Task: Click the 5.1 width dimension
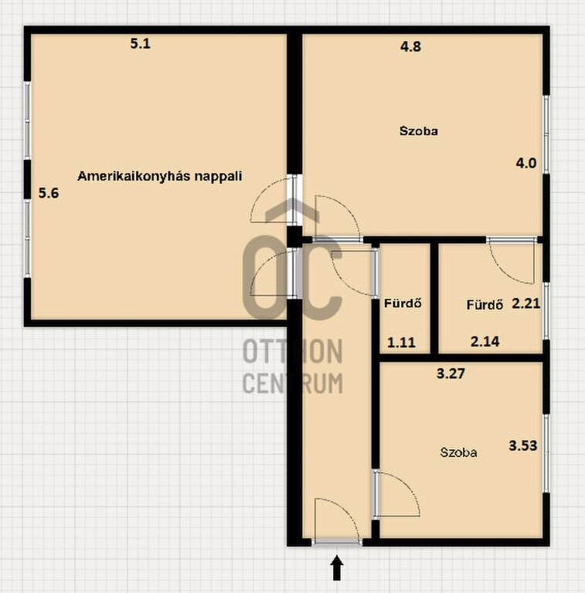141,44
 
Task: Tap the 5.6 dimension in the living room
49,193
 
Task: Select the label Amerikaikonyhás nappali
160,176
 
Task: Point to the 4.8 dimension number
410,47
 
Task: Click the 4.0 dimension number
526,164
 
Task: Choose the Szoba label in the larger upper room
419,131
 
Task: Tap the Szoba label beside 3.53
458,452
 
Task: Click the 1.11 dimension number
402,343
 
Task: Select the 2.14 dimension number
485,342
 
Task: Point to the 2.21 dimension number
526,303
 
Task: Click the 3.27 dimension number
451,374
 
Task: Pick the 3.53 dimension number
523,446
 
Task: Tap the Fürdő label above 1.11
403,303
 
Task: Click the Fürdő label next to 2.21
485,304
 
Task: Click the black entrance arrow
337,568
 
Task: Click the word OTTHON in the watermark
292,351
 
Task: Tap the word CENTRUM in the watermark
292,383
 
